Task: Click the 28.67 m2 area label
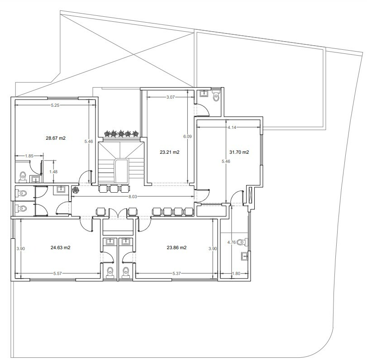(x=56, y=138)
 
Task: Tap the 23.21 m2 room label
(x=170, y=152)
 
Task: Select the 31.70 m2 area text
(x=239, y=152)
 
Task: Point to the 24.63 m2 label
(x=60, y=247)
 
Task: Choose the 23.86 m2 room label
(x=176, y=247)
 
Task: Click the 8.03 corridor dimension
(x=133, y=196)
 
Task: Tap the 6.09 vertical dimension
(x=187, y=137)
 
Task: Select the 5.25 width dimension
(x=55, y=105)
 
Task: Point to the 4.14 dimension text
(x=232, y=127)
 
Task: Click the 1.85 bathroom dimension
(x=29, y=156)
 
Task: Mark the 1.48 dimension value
(x=53, y=172)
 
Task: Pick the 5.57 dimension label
(x=57, y=273)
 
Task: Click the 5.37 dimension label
(x=177, y=273)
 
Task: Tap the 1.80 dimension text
(x=236, y=273)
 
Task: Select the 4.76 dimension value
(x=232, y=242)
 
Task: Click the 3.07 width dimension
(x=171, y=97)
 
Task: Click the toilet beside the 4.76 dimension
(x=243, y=242)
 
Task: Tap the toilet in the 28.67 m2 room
(x=23, y=177)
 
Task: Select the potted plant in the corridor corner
(x=76, y=190)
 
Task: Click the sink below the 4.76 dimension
(x=244, y=256)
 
